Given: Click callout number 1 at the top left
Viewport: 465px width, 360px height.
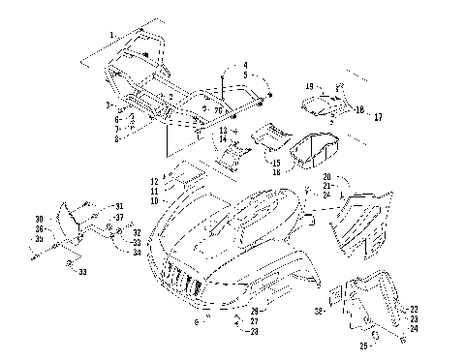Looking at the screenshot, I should coord(112,35).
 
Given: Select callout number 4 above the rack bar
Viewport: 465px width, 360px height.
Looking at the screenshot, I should coord(245,65).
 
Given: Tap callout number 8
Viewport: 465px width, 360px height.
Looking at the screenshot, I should coord(116,139).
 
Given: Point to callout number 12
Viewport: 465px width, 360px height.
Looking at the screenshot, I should coord(155,181).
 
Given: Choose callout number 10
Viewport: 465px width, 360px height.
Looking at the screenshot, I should coord(155,200).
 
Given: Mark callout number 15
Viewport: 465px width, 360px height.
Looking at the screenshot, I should coord(276,163).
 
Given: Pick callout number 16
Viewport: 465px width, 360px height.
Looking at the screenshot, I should coord(276,172).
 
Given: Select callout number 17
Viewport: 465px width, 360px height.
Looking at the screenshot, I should coord(379,117).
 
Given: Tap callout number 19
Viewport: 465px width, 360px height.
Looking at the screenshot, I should coord(309,86).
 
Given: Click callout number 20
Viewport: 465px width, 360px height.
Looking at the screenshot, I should coord(326,177).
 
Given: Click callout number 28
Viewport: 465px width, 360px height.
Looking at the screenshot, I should coord(255,331).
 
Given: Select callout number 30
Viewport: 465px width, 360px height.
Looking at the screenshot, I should coord(39,219).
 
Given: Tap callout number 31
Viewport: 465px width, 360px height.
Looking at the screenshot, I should coord(118,207).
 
